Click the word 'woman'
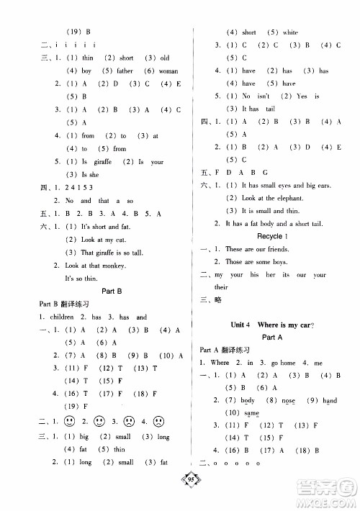pos(168,71)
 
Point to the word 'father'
pos(125,71)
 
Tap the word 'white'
pos(290,32)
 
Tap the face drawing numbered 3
pos(129,421)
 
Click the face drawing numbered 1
pos(70,421)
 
